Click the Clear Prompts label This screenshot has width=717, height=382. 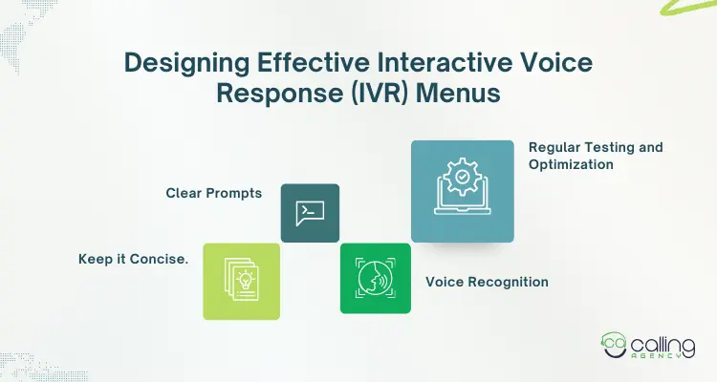[x=214, y=193]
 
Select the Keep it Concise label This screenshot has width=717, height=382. [x=133, y=260]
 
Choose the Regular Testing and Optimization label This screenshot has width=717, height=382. [x=596, y=156]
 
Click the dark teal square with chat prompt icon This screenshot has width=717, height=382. [x=310, y=213]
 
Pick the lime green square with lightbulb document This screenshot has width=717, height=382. [x=241, y=281]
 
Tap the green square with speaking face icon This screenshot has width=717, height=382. [x=375, y=278]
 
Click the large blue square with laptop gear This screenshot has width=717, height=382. [x=463, y=191]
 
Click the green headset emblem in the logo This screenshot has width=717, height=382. [x=615, y=348]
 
